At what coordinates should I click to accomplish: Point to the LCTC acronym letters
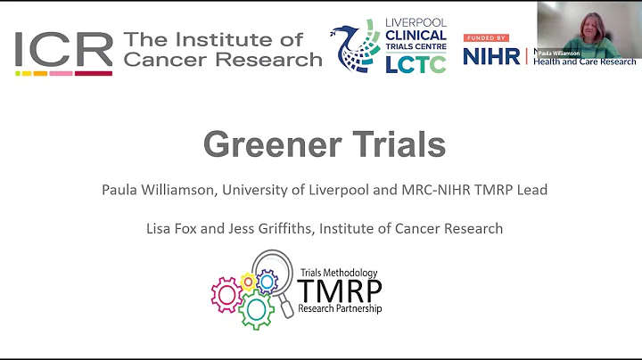(416, 63)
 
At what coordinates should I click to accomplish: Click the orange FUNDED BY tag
(485, 37)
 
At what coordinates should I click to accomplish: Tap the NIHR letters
(491, 56)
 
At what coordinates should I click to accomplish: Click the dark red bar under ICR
(94, 73)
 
